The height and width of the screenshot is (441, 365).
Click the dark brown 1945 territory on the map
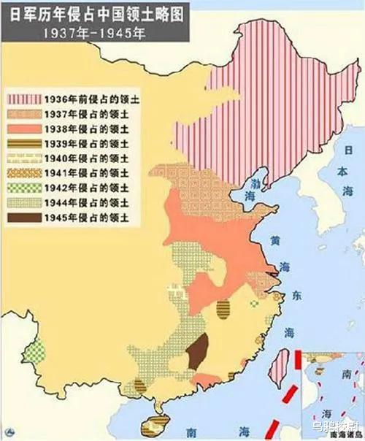point(196,355)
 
